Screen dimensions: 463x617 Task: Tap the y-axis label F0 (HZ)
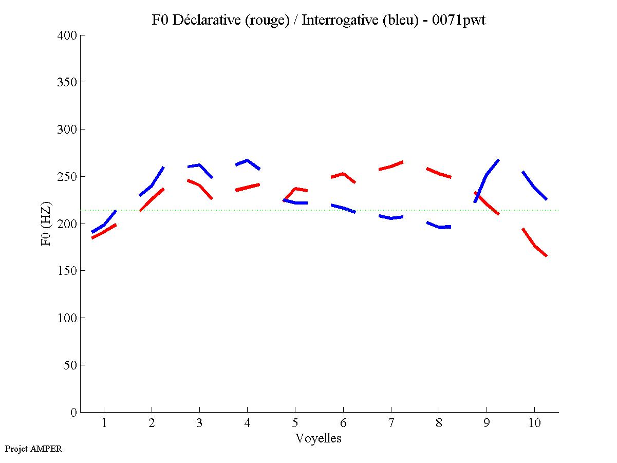tap(46, 224)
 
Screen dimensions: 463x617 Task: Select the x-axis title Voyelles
tap(318, 438)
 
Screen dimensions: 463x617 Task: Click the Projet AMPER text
tap(33, 449)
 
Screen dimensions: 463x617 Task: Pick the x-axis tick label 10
tap(534, 423)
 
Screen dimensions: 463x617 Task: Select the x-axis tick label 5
tap(295, 423)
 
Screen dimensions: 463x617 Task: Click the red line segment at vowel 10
tap(534, 245)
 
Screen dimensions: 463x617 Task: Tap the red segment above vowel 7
tap(391, 166)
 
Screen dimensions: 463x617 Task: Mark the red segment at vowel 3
tap(199, 186)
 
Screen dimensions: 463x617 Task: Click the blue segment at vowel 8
tap(439, 227)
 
